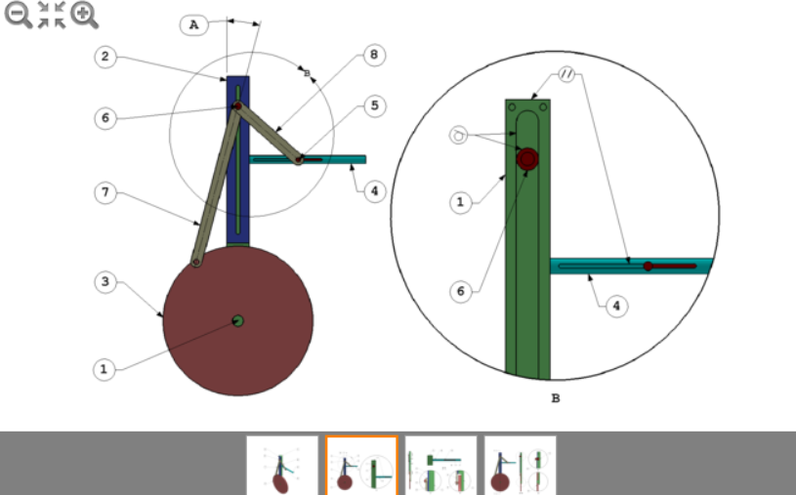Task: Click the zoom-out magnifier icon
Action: pyautogui.click(x=18, y=15)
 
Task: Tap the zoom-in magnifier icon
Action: pyautogui.click(x=85, y=15)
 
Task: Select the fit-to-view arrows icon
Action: pyautogui.click(x=51, y=15)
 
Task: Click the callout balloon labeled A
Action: pyautogui.click(x=194, y=25)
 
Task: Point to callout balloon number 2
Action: pyautogui.click(x=105, y=57)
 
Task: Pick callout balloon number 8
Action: pyautogui.click(x=372, y=55)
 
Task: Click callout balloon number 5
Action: pyautogui.click(x=372, y=103)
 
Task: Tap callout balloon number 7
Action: pyautogui.click(x=105, y=192)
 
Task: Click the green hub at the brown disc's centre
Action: pyautogui.click(x=237, y=320)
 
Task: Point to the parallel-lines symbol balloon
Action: pyautogui.click(x=568, y=74)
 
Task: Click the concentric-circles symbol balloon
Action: pyautogui.click(x=460, y=135)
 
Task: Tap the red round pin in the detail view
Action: pyautogui.click(x=527, y=158)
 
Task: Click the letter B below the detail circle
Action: pyautogui.click(x=556, y=398)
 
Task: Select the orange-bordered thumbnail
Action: pyautogui.click(x=361, y=465)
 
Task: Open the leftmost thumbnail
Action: pyautogui.click(x=282, y=465)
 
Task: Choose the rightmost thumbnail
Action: pyautogui.click(x=521, y=465)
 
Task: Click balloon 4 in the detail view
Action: pyautogui.click(x=615, y=306)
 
